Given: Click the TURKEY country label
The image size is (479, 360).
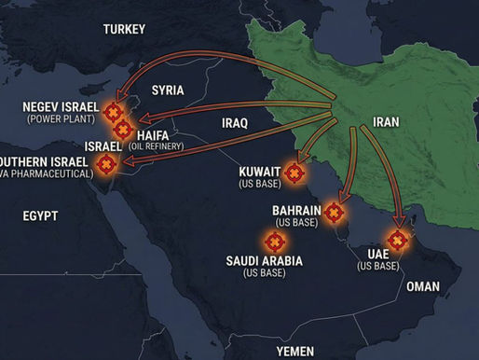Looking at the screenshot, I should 125,29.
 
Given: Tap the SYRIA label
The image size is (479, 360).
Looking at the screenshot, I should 168,90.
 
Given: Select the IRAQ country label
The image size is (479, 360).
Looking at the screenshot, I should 236,122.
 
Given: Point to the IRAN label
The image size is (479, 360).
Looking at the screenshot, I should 385,121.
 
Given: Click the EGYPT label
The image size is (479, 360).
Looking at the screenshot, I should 41,215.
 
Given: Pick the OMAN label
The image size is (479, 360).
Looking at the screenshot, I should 423,285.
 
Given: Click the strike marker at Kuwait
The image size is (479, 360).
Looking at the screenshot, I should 294,173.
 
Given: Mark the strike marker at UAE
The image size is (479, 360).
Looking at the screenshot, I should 398,241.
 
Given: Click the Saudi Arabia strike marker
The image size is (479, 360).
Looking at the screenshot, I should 272,241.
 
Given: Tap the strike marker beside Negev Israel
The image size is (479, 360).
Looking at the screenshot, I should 114,112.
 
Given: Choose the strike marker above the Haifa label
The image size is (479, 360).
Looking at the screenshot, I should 124,126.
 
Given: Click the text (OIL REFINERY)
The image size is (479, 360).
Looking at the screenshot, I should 157,146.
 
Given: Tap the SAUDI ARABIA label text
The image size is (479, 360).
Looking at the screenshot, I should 264,260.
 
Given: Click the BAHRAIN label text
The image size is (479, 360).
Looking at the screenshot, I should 297,211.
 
